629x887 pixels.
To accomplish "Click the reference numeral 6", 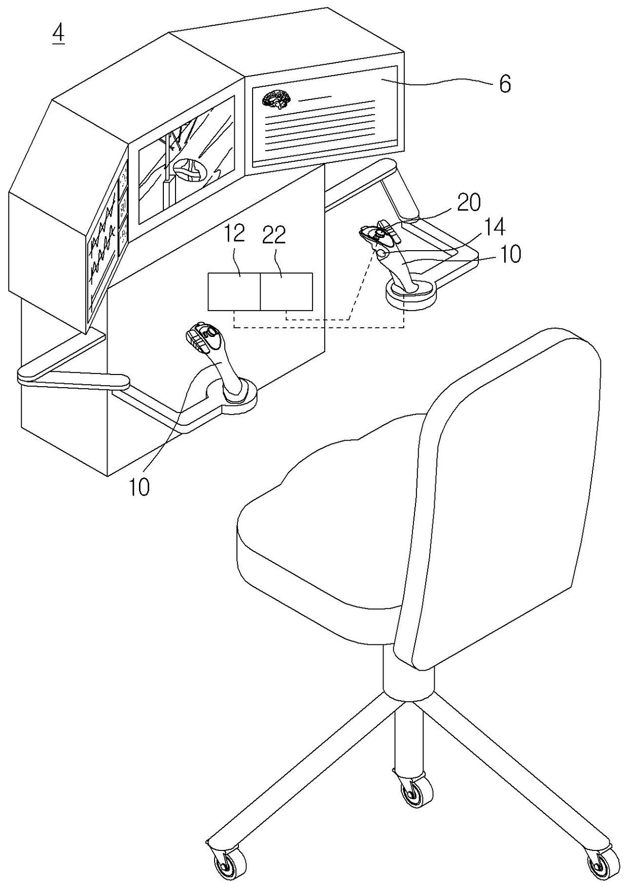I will (x=504, y=84).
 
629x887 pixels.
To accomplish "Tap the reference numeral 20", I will (x=468, y=203).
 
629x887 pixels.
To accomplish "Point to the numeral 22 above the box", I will (x=274, y=235).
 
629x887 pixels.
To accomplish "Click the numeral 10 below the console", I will (x=139, y=487).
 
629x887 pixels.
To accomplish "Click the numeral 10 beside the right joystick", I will (x=511, y=254).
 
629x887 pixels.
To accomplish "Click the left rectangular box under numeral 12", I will (x=234, y=292).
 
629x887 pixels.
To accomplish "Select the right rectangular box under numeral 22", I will (x=287, y=292).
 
